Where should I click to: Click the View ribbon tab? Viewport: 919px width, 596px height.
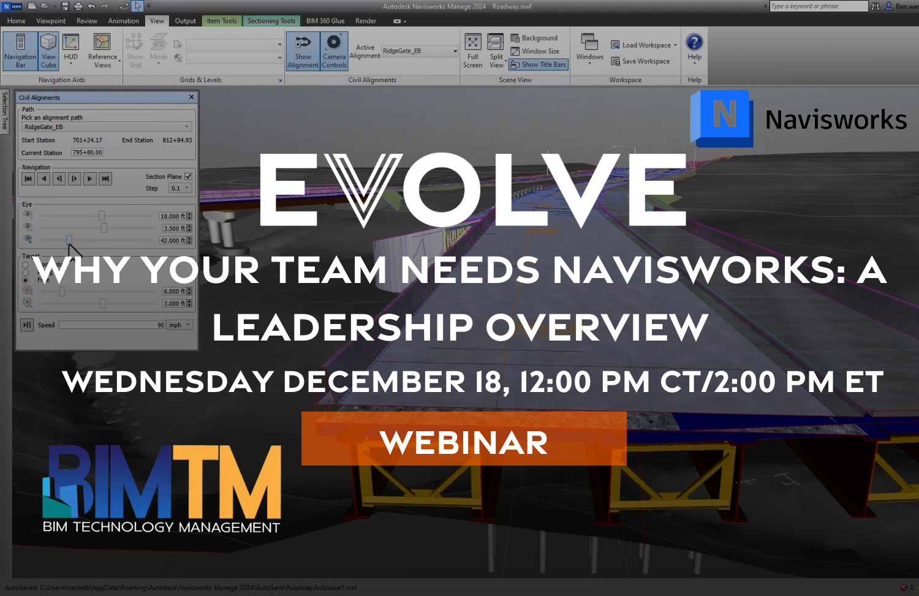(x=157, y=21)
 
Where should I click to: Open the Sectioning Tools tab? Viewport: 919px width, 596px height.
(x=271, y=21)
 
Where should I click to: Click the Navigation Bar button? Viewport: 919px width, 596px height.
(x=20, y=51)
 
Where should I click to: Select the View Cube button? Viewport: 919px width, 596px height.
(x=48, y=51)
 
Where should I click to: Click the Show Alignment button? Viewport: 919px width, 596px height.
(x=303, y=51)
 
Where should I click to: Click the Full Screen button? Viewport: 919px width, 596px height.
(x=472, y=51)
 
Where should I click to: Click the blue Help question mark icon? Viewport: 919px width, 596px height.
(x=694, y=42)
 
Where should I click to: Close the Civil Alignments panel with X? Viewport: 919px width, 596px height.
(x=191, y=97)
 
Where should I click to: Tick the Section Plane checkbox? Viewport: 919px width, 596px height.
(x=188, y=176)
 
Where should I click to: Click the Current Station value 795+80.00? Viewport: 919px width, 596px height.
(x=87, y=153)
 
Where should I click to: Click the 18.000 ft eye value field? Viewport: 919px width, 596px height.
(x=172, y=216)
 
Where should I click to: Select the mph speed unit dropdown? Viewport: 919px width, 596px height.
(x=180, y=325)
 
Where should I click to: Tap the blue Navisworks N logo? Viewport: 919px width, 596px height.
(x=723, y=117)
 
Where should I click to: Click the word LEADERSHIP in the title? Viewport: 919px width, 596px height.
(x=342, y=327)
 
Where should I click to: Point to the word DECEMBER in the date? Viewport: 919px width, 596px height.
(x=374, y=382)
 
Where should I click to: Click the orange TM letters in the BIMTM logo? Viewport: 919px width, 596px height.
(x=227, y=481)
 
